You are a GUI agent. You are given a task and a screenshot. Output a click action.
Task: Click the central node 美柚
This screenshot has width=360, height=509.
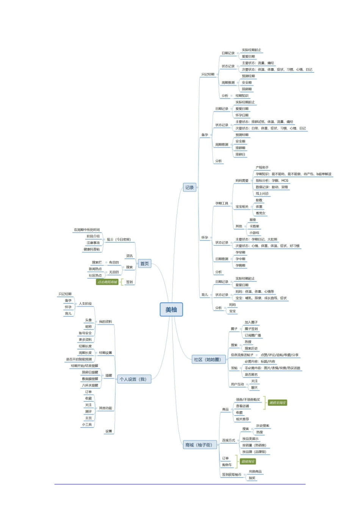click(171, 310)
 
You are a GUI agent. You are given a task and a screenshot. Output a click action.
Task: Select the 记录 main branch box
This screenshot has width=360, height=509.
click(189, 187)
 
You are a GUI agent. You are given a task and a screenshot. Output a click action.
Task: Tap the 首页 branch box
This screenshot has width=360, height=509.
click(144, 264)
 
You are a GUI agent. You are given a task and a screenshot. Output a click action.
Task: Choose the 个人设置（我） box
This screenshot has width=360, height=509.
click(133, 379)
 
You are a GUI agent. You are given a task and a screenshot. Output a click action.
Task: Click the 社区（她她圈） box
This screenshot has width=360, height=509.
click(207, 359)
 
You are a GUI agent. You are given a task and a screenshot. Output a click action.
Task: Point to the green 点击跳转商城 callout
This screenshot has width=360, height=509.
click(107, 282)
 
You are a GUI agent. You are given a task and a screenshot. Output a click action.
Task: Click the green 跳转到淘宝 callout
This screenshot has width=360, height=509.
click(277, 403)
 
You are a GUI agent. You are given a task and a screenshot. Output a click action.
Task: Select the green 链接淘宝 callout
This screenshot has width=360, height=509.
click(248, 462)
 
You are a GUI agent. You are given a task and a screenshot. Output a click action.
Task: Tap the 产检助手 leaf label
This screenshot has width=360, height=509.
click(262, 167)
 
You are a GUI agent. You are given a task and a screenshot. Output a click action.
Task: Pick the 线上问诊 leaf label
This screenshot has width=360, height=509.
click(262, 194)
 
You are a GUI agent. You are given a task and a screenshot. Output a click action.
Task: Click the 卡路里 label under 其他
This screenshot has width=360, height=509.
click(254, 226)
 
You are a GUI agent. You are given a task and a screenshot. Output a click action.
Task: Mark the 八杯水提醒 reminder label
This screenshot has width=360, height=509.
click(90, 386)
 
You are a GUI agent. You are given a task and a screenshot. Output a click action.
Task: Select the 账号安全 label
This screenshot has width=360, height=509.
click(85, 333)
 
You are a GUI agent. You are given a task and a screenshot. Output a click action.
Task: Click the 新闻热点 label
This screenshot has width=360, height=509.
click(95, 269)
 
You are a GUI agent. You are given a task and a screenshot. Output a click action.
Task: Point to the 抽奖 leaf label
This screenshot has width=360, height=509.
click(252, 478)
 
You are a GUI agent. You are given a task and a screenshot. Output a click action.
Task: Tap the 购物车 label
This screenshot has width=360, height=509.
click(227, 465)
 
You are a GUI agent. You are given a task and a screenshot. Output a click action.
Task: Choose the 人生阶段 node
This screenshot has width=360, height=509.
click(85, 304)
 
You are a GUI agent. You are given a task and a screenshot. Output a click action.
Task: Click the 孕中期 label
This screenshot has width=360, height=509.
click(240, 259)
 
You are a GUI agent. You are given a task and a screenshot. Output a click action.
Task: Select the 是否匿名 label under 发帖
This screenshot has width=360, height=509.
click(251, 375)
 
